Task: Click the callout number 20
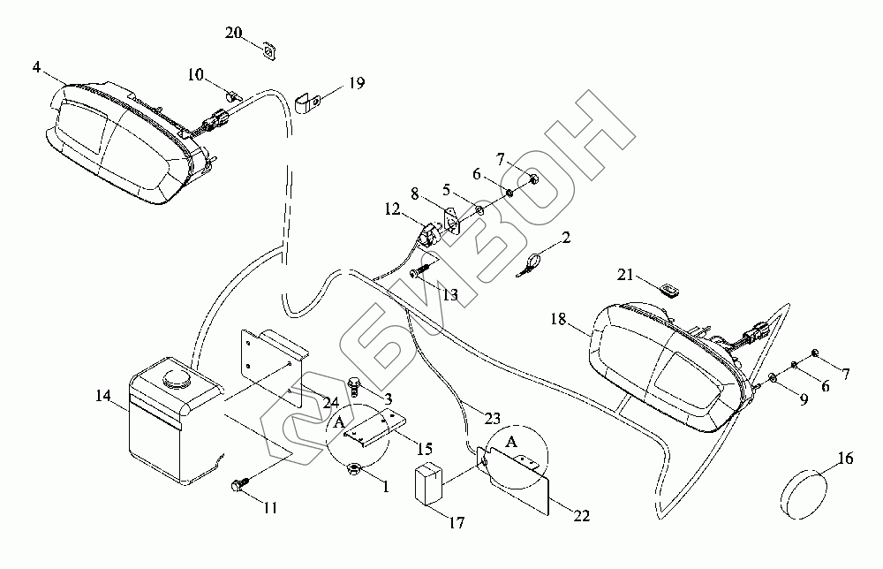coord(233,33)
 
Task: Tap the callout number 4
coord(36,68)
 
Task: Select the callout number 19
coord(357,83)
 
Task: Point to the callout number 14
coord(103,396)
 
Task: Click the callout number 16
coord(846,459)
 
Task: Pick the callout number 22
coord(582,515)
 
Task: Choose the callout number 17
coord(457,523)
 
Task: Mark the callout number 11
coord(270,508)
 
